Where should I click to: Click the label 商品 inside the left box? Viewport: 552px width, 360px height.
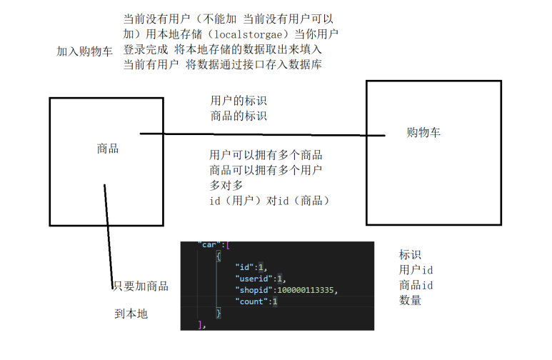108,149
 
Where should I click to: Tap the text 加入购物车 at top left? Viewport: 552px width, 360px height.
84,51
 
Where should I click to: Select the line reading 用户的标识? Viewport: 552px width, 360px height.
239,101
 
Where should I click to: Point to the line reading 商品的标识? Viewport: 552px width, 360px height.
239,116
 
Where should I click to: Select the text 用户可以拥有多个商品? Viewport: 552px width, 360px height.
266,155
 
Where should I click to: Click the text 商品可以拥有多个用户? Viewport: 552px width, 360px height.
266,170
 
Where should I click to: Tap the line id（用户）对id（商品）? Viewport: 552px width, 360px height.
269,201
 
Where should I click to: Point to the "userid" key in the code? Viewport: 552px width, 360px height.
252,279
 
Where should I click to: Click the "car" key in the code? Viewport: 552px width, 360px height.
209,245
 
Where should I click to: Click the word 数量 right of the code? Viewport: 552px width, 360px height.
411,301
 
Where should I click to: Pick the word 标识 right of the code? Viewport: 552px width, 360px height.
411,254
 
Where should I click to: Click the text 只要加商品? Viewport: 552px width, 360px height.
141,286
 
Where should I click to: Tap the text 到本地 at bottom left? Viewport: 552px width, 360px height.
132,314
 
